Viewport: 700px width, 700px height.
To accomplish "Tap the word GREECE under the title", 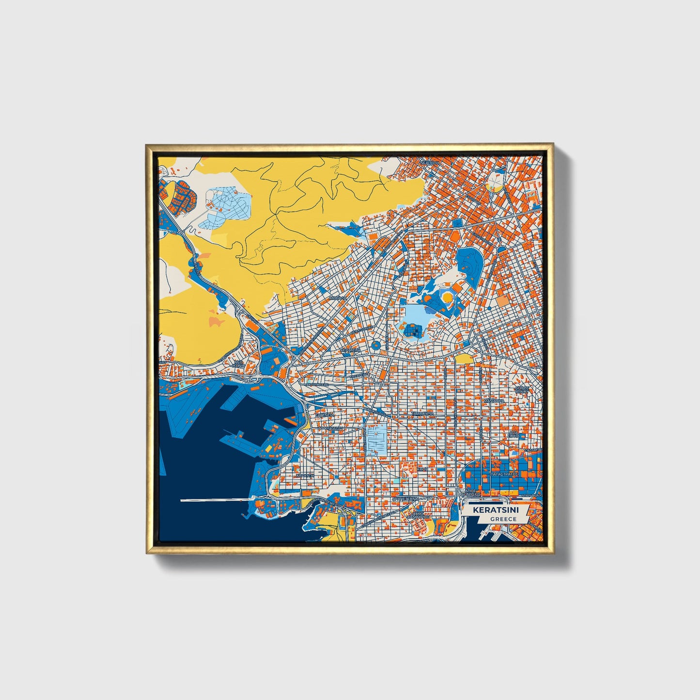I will pyautogui.click(x=503, y=519).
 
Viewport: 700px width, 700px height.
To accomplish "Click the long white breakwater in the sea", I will pyautogui.click(x=216, y=500).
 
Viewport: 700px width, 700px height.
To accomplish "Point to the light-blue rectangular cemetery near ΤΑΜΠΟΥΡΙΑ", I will pyautogui.click(x=376, y=439).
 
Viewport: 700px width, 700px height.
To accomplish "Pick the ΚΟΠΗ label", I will pyautogui.click(x=422, y=469).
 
